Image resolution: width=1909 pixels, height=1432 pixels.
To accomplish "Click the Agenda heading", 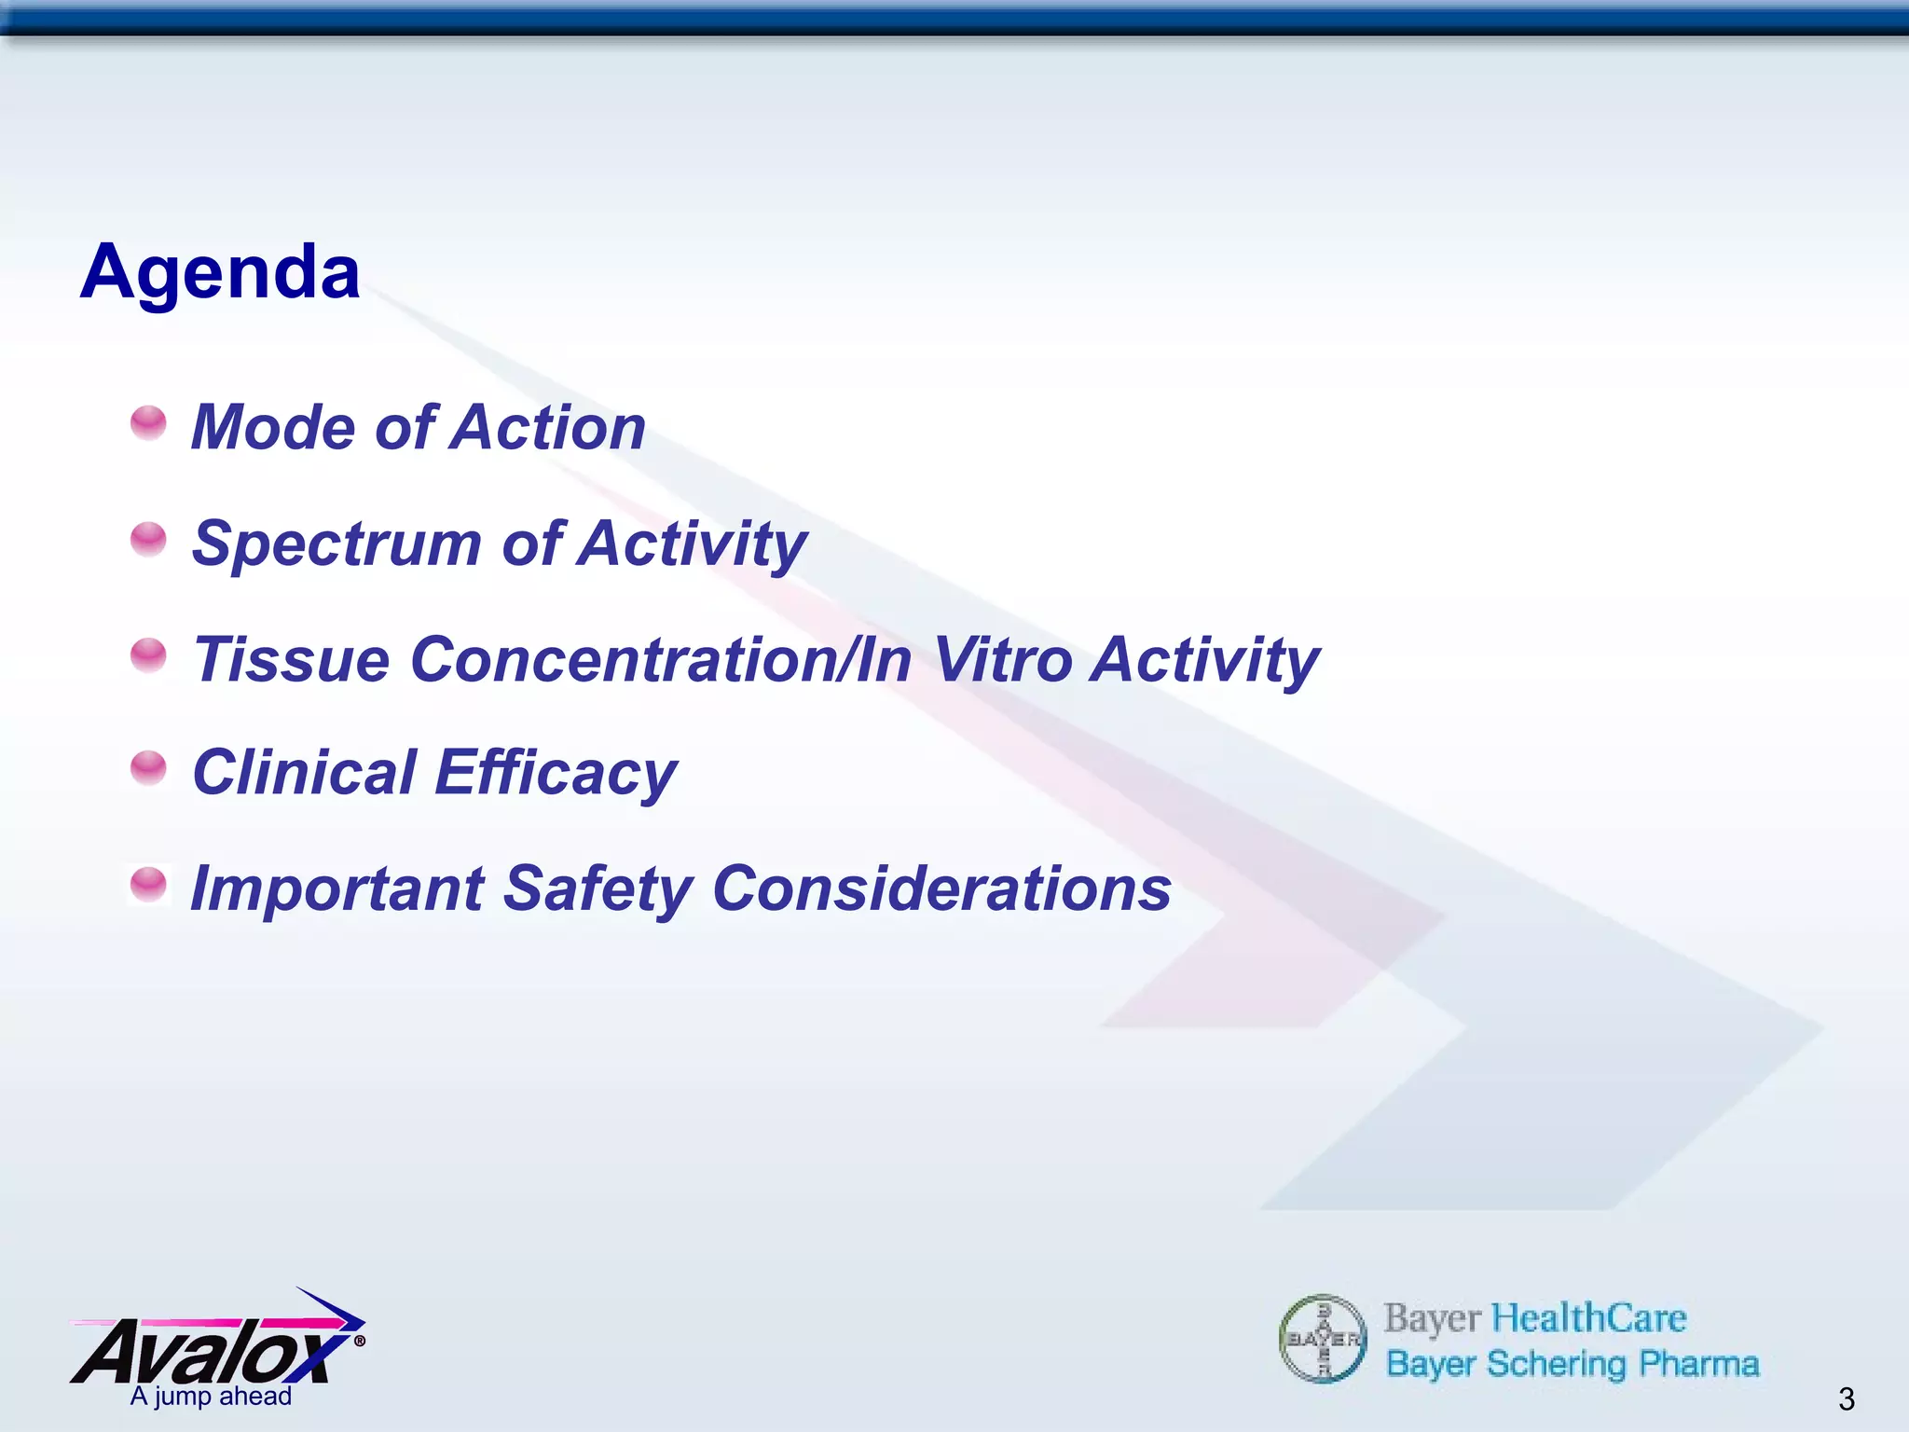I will (220, 272).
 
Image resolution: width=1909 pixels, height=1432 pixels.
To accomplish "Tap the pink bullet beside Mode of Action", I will (148, 422).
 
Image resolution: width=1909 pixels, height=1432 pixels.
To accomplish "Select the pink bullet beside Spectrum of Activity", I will (148, 539).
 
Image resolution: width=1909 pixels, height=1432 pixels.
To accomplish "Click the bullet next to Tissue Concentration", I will (148, 655).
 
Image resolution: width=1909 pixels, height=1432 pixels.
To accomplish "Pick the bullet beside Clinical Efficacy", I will (148, 768).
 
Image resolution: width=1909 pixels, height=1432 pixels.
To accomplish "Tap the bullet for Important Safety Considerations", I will (148, 884).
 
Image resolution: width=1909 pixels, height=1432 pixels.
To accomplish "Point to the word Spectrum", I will (336, 544).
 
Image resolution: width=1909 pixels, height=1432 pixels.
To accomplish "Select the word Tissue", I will (291, 660).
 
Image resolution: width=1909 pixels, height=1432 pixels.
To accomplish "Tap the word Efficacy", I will (556, 774).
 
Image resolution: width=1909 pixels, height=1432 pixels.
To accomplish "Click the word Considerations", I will (941, 889).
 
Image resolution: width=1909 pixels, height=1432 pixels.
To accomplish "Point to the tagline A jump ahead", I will (211, 1397).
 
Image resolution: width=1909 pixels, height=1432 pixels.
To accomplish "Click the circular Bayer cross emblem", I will (1323, 1340).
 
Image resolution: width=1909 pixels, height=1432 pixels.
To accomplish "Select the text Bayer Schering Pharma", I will (1573, 1364).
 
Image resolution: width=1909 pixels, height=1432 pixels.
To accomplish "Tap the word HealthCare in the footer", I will (1588, 1318).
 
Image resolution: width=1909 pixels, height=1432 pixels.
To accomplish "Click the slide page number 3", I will (1846, 1398).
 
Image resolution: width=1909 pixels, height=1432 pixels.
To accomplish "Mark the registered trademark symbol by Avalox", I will (360, 1342).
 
